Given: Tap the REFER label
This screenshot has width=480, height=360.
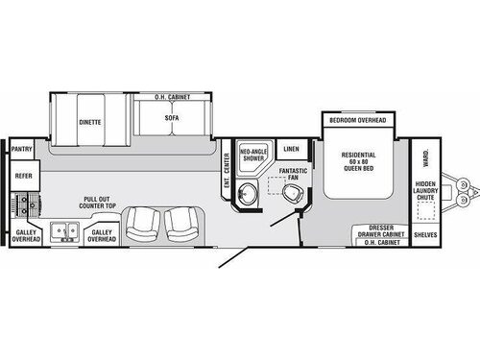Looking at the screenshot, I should click(x=22, y=176).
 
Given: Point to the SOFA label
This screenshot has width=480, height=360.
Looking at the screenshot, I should click(x=172, y=119).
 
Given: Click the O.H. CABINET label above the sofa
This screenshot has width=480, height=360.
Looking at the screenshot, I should click(x=172, y=97).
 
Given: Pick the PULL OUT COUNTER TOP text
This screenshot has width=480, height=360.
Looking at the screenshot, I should click(x=99, y=203).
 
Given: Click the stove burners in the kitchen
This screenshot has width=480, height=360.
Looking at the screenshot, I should click(x=24, y=204).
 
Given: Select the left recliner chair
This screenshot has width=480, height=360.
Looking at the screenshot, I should click(x=143, y=227).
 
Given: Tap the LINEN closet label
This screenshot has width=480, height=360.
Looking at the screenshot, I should click(x=292, y=149).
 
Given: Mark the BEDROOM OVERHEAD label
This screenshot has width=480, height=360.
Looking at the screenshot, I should click(x=357, y=120).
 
